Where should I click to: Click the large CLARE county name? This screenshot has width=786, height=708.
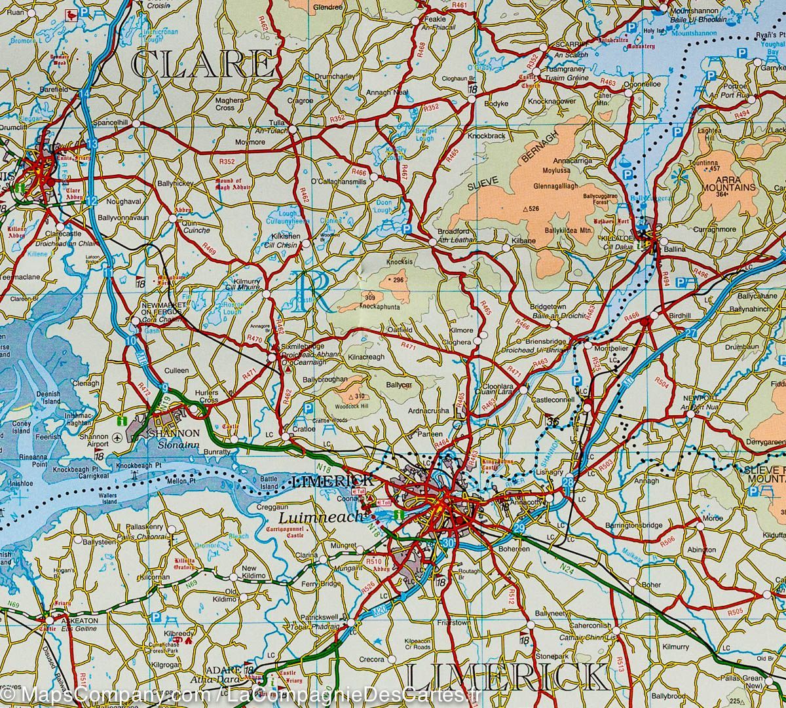coord(203,66)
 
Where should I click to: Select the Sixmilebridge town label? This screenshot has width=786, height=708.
coord(303,345)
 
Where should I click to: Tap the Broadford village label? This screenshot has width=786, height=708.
coord(454,232)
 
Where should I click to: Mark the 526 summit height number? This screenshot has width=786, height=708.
coord(533,209)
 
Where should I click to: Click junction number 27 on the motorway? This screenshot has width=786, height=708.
coord(691,333)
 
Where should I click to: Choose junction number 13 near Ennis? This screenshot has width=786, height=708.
coord(92,143)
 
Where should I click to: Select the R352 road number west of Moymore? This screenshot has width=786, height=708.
coord(227,161)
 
